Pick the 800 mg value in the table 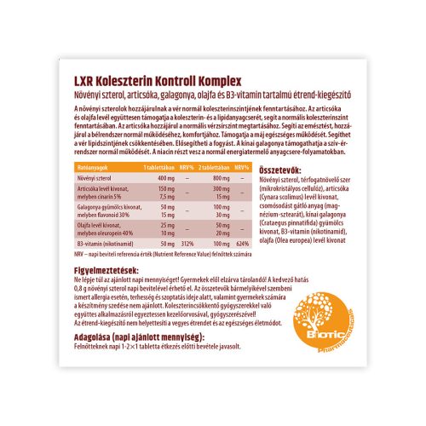point(221,177)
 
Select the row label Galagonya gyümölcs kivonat point(109,206)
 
